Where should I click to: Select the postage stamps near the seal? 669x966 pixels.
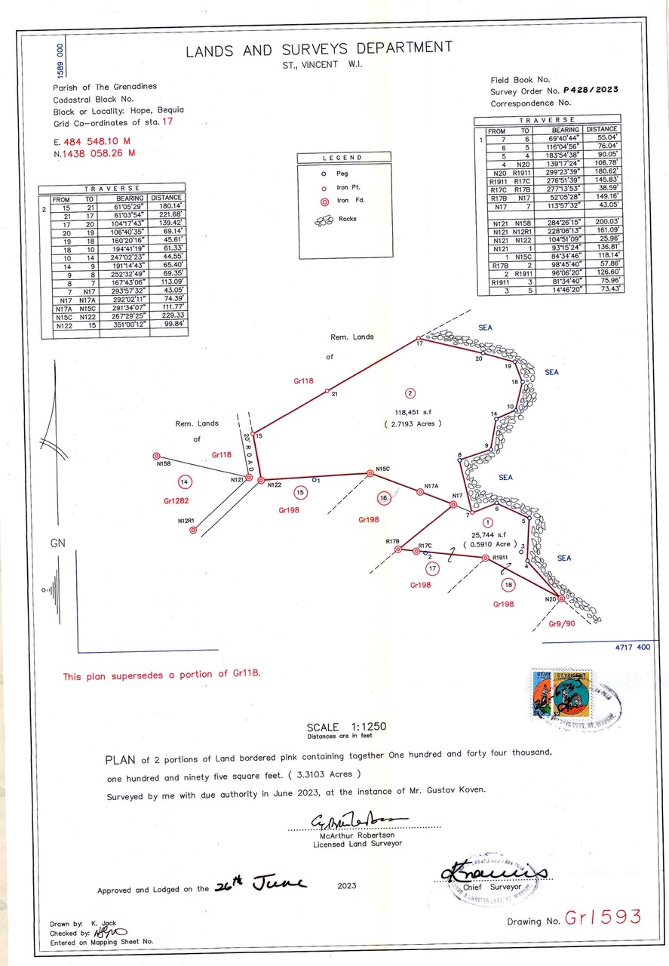pos(561,694)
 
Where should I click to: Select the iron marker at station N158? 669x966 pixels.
pos(156,456)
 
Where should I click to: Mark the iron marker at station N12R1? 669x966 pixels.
pos(193,531)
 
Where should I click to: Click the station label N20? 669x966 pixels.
pos(551,599)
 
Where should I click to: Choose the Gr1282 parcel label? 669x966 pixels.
pos(176,500)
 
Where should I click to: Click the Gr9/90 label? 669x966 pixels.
pos(562,624)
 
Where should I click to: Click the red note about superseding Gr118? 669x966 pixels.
pos(162,675)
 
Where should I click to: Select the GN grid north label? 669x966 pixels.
pos(58,543)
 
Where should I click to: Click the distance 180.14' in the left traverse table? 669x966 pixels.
pos(170,205)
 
